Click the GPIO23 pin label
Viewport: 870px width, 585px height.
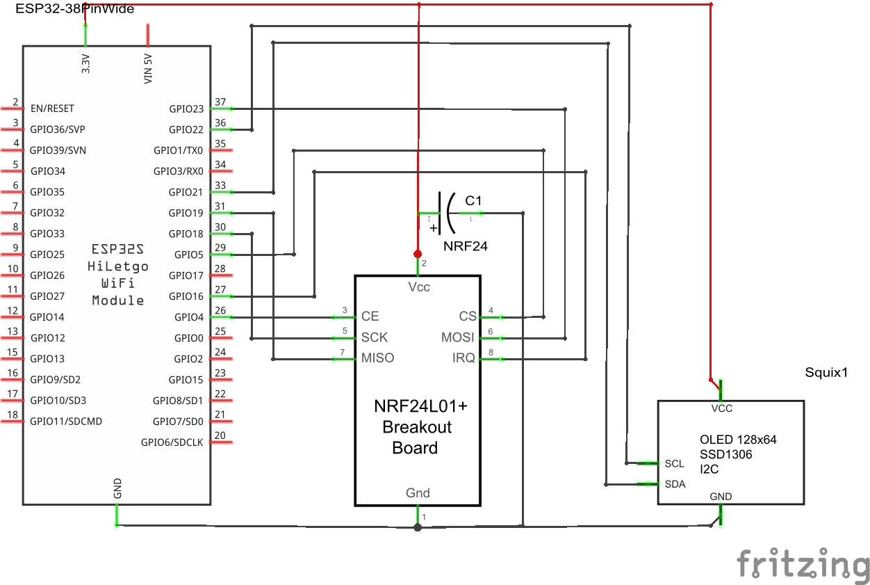186,109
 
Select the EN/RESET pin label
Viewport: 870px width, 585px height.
52,109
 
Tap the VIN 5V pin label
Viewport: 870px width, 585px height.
148,69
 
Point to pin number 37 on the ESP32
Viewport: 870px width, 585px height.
220,102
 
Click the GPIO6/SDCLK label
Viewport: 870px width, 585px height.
172,442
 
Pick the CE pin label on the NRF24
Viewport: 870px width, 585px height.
370,316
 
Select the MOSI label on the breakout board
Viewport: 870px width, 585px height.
458,337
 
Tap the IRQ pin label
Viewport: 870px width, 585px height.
463,358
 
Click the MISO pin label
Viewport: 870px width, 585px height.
377,358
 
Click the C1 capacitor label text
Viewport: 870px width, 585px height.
473,200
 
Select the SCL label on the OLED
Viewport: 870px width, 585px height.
674,464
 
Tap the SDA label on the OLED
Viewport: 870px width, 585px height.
675,484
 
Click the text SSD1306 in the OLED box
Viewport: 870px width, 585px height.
725,455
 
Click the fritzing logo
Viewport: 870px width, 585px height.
803,563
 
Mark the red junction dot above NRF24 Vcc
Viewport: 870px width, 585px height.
418,253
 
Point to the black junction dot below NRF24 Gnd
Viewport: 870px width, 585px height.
418,527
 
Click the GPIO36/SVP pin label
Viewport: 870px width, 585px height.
58,129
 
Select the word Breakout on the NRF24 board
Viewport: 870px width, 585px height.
417,427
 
